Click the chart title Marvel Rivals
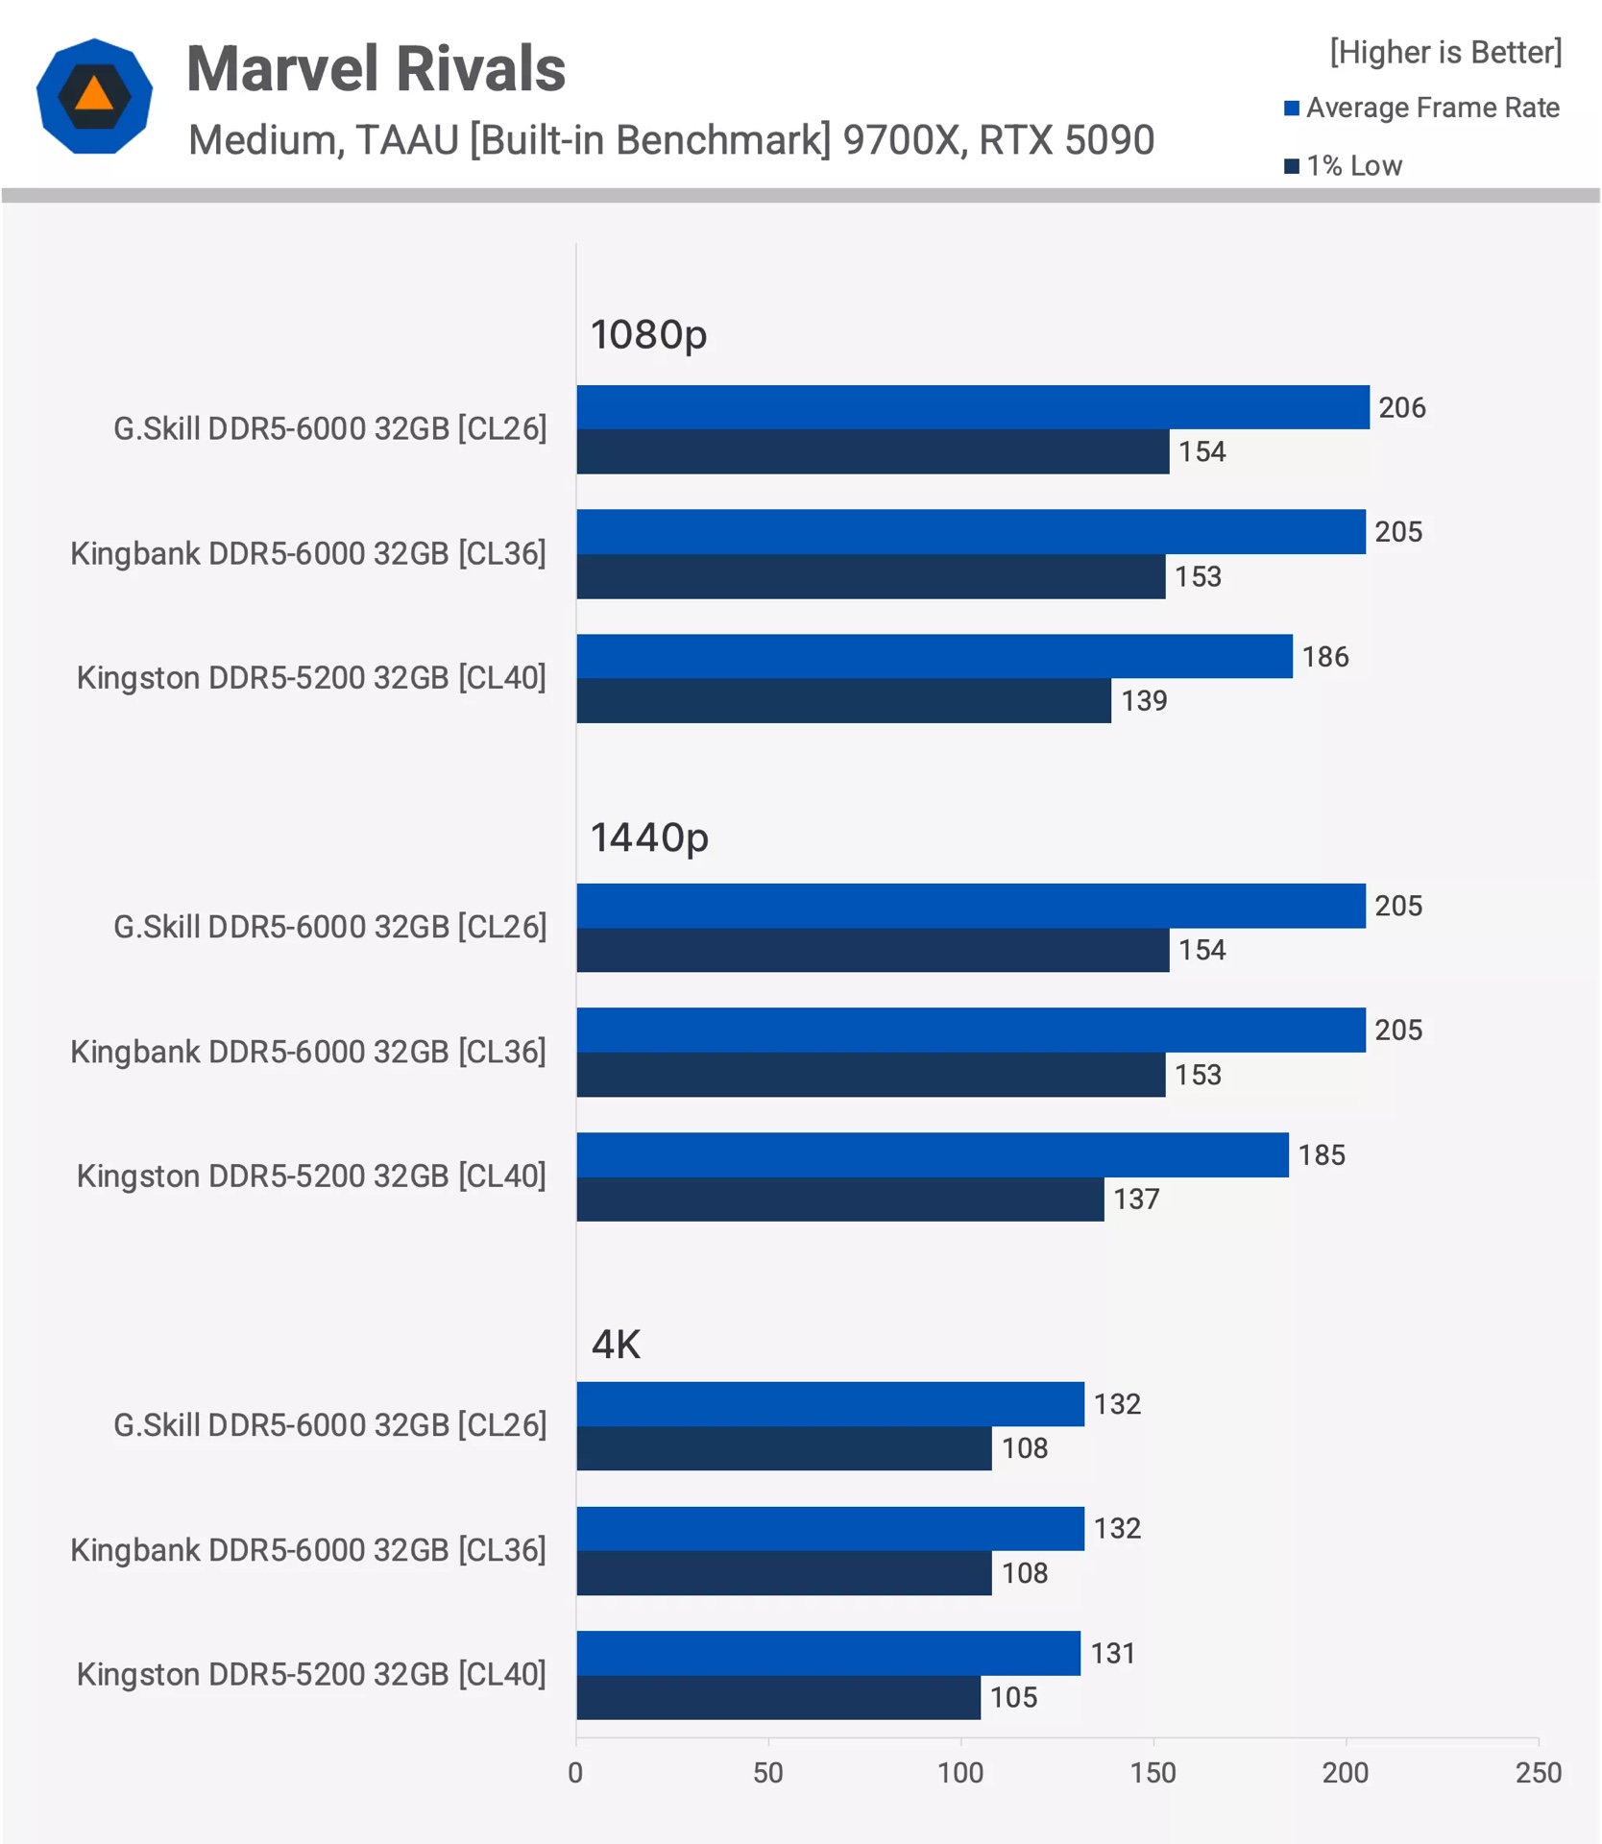tap(376, 69)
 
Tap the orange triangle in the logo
tap(94, 93)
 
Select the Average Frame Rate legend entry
tap(1420, 108)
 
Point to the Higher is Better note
tap(1444, 52)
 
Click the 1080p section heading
tap(648, 335)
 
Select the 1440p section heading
tap(648, 837)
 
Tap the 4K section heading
tap(616, 1345)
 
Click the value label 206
tap(1401, 407)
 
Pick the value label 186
tap(1324, 657)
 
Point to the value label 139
tap(1144, 701)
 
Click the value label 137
tap(1136, 1200)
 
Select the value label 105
tap(1013, 1698)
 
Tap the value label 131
tap(1112, 1654)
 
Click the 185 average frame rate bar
tap(932, 1154)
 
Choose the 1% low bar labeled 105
tap(778, 1698)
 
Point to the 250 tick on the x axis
tap(1538, 1773)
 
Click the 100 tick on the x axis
tap(960, 1773)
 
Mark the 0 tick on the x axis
tap(575, 1773)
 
